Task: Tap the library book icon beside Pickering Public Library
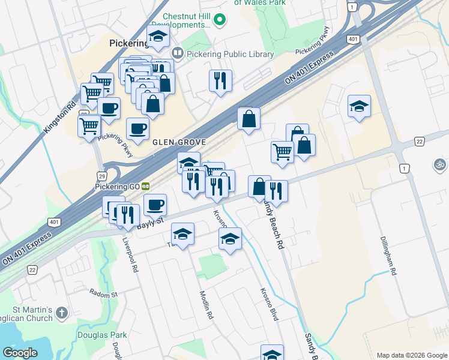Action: (x=177, y=54)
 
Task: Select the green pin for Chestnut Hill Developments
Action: (x=220, y=20)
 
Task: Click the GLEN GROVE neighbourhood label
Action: (x=179, y=142)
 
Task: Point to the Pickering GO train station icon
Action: (x=145, y=187)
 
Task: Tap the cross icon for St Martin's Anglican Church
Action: (x=63, y=313)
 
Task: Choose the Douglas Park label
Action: (x=97, y=334)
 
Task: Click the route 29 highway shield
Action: (x=103, y=175)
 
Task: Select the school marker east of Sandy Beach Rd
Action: (x=359, y=106)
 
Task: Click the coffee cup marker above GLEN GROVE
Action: (x=137, y=128)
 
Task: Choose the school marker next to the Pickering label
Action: (x=158, y=37)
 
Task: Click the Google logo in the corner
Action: (x=20, y=353)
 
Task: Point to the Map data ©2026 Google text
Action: (x=411, y=355)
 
